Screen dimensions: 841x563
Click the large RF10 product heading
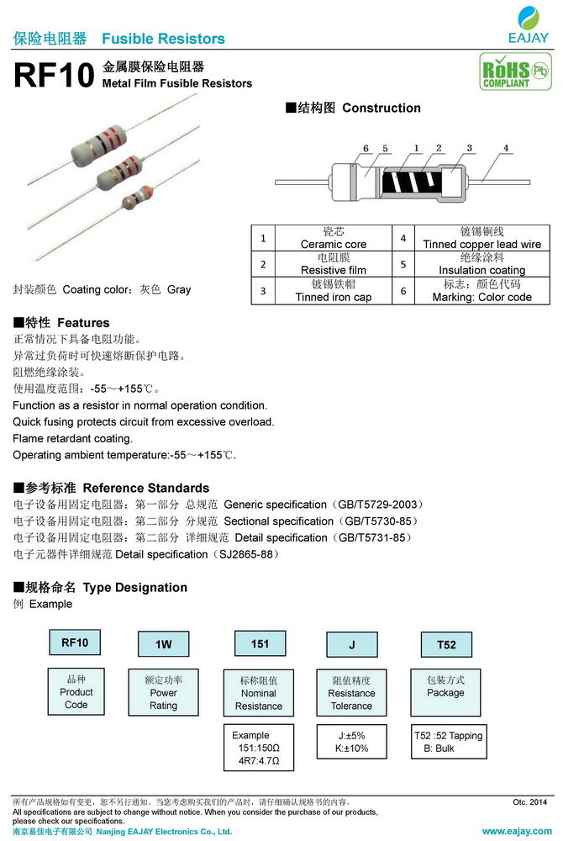[53, 77]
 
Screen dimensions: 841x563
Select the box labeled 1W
[163, 644]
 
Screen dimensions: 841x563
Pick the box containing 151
[260, 643]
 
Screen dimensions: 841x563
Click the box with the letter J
[352, 644]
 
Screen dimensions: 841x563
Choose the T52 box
[446, 644]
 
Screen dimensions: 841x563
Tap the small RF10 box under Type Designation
[76, 643]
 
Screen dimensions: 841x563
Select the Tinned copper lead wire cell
[481, 238]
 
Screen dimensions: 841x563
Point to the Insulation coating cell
[481, 264]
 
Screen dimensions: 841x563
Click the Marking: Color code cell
[481, 291]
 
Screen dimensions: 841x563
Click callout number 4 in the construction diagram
[506, 148]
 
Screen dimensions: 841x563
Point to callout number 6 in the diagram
[366, 149]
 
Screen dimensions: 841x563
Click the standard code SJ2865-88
[247, 554]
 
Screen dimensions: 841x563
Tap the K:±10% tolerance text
[352, 748]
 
